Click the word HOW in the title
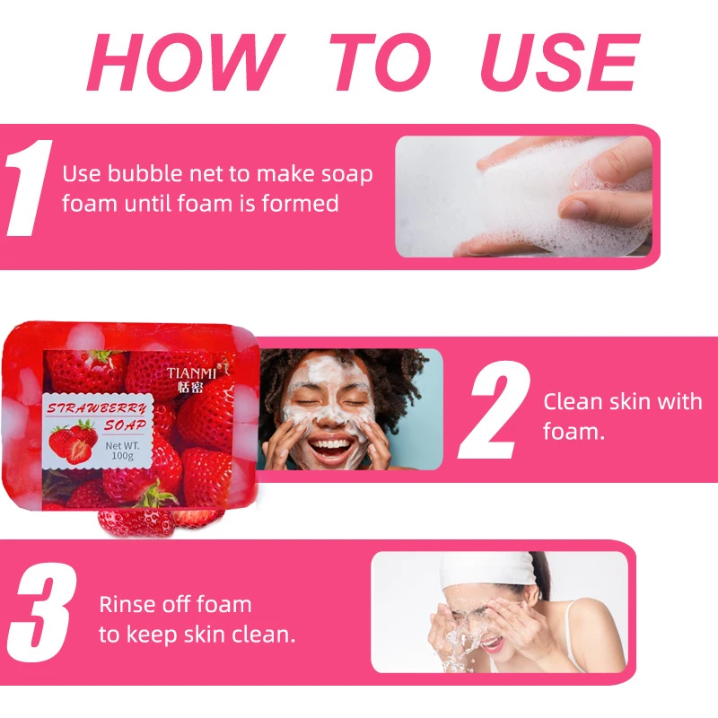pos(184,64)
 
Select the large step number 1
pos(26,192)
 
